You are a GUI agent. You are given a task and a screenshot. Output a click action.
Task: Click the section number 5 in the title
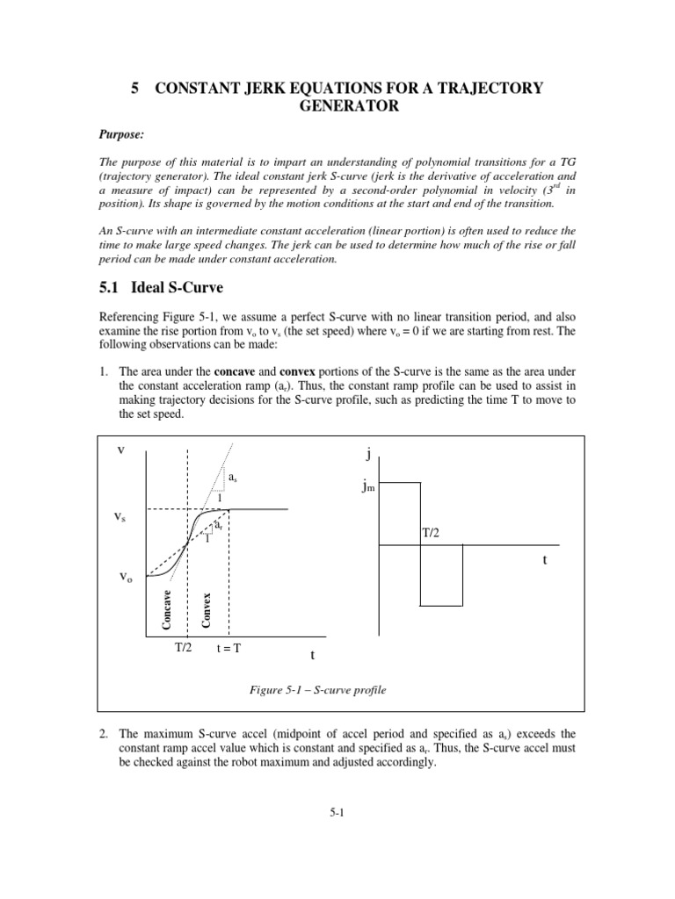(134, 88)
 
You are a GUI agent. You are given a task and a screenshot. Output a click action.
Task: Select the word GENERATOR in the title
(337, 106)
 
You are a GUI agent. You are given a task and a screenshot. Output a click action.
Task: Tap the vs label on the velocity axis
(120, 518)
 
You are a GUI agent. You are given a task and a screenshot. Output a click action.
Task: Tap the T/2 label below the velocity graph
(182, 649)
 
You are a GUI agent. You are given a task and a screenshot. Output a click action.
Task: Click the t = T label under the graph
(229, 650)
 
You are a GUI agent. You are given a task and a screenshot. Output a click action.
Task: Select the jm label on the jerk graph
(367, 485)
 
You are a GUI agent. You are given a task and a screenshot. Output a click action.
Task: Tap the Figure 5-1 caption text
(318, 690)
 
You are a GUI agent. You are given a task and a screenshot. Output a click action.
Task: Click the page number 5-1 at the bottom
(337, 812)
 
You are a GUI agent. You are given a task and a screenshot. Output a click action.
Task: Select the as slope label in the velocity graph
(232, 478)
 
